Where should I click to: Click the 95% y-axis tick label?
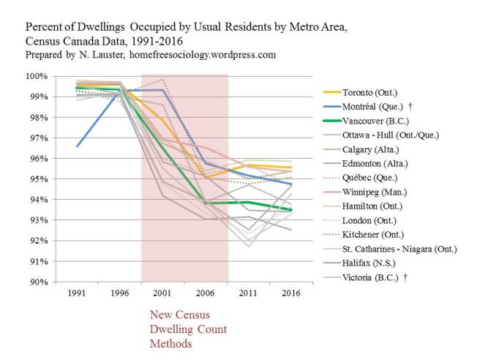pyautogui.click(x=39, y=179)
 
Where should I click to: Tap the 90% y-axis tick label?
pyautogui.click(x=39, y=282)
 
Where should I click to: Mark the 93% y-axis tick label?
pyautogui.click(x=39, y=220)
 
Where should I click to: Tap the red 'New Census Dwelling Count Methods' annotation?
pyautogui.click(x=180, y=329)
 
